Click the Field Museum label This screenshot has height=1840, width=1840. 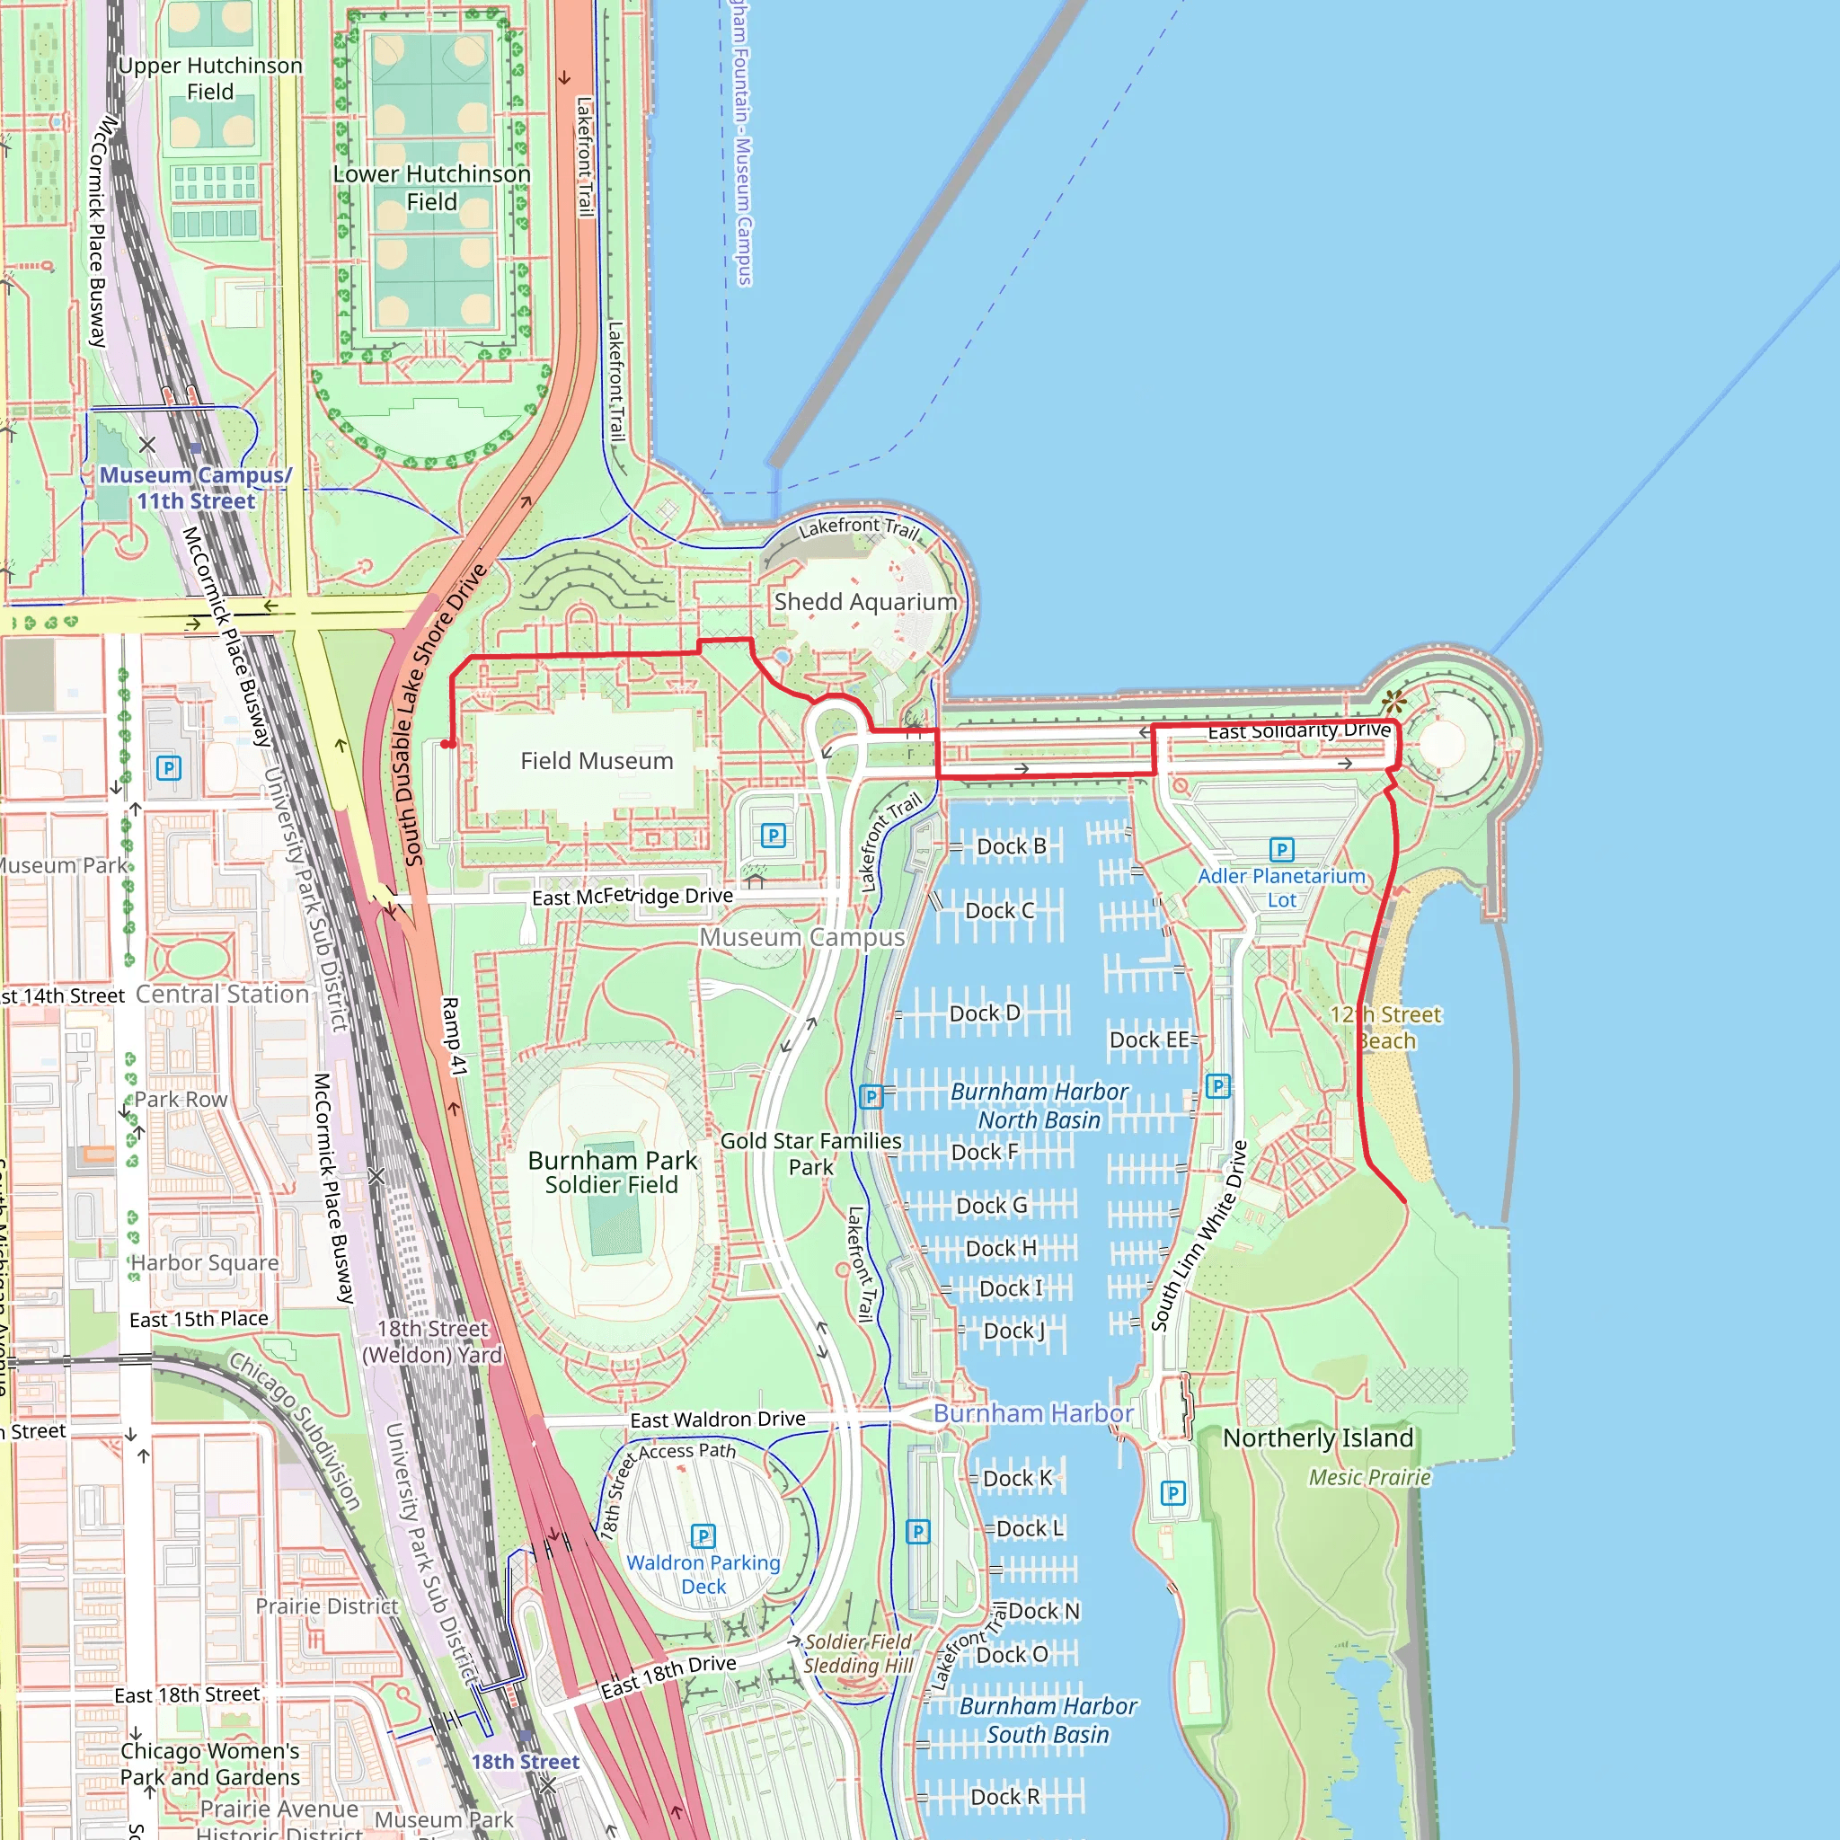[597, 761]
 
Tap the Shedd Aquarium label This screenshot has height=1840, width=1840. [865, 602]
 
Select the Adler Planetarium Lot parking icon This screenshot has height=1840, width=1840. [1281, 848]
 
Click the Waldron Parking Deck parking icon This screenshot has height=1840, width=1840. [703, 1535]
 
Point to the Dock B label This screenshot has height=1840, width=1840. [1011, 846]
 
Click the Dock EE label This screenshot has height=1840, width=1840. [1148, 1040]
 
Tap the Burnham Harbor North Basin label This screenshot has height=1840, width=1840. [1039, 1106]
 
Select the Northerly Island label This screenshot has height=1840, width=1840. [1317, 1438]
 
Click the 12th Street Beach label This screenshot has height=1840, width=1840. [1386, 1028]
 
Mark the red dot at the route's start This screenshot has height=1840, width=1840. [446, 744]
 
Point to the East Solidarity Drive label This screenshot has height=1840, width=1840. [1299, 730]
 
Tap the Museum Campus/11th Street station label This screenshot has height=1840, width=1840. [196, 488]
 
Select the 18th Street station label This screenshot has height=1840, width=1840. [525, 1762]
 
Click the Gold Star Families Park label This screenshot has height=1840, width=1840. [810, 1154]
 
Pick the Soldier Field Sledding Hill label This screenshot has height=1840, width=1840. [858, 1653]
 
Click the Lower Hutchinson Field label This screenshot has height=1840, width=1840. [431, 188]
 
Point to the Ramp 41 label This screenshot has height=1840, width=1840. [455, 1036]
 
